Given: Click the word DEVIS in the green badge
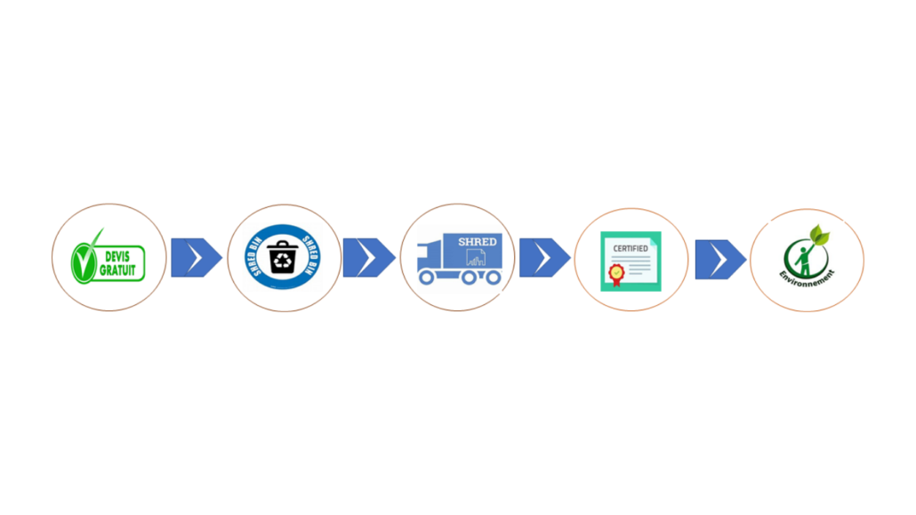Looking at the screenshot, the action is tap(117, 257).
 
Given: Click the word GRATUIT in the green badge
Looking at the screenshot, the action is tap(117, 270).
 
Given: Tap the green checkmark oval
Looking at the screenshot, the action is tap(83, 263).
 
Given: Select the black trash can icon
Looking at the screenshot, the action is tap(283, 257).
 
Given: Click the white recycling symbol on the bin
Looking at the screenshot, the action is tap(283, 262).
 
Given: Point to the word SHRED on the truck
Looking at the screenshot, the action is tap(478, 241).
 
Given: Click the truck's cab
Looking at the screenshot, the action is tap(430, 258).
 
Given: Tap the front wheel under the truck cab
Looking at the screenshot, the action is tap(427, 278).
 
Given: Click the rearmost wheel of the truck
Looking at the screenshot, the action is tap(494, 278).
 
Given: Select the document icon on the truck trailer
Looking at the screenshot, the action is tap(476, 257).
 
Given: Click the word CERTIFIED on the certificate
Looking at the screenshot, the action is tap(631, 248).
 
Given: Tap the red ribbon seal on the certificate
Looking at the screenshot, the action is tap(616, 275).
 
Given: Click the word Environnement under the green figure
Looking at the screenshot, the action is tap(807, 278).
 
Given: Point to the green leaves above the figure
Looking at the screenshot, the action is tap(819, 234).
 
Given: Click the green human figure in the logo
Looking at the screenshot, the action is tap(805, 260).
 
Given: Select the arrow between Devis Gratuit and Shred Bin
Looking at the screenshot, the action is tap(197, 257).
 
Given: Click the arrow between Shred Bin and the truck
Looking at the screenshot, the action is tap(368, 257).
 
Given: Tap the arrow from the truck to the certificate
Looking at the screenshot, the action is tap(545, 257).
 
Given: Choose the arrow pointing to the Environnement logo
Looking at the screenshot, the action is tap(721, 259).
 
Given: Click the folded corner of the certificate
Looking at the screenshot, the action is tap(656, 237).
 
